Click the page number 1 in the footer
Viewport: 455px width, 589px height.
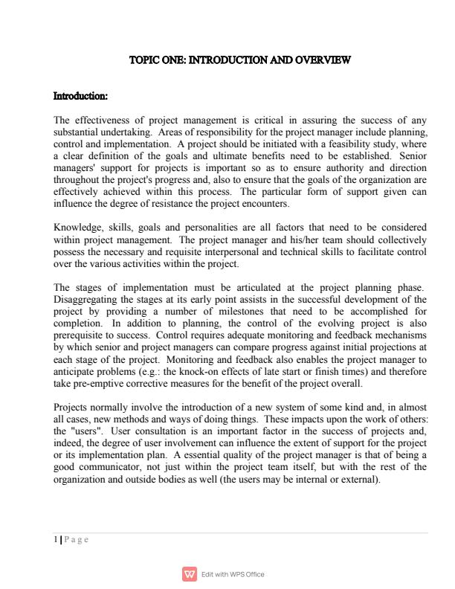click(x=56, y=540)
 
